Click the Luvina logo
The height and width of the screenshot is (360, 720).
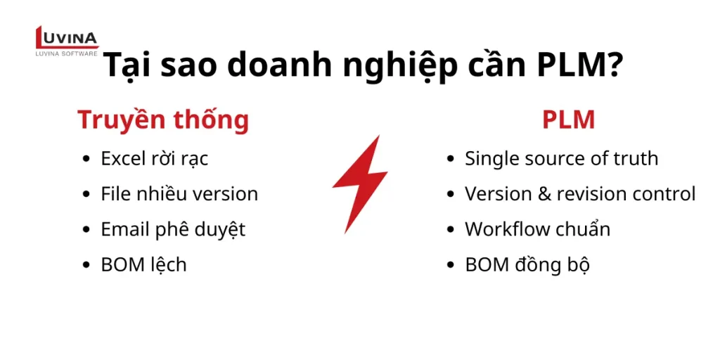click(x=67, y=41)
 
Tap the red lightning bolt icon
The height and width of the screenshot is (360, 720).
click(x=359, y=184)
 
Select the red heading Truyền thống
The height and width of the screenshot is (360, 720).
click(x=163, y=120)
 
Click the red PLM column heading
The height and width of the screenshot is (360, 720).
click(x=568, y=120)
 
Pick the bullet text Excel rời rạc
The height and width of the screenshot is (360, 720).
click(x=155, y=158)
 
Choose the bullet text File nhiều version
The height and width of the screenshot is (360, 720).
click(x=179, y=193)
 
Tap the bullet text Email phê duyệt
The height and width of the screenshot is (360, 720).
click(x=173, y=229)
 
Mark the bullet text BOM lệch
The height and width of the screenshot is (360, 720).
click(x=143, y=264)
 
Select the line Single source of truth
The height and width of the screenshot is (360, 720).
click(x=561, y=158)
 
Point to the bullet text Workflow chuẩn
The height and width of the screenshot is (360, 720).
click(x=537, y=229)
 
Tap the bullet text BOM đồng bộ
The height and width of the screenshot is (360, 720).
click(x=527, y=264)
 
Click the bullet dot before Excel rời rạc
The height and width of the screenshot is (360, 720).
click(x=86, y=159)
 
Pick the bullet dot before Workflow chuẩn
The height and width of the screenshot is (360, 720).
click(x=451, y=230)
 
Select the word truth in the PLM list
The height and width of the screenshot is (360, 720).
click(x=636, y=158)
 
